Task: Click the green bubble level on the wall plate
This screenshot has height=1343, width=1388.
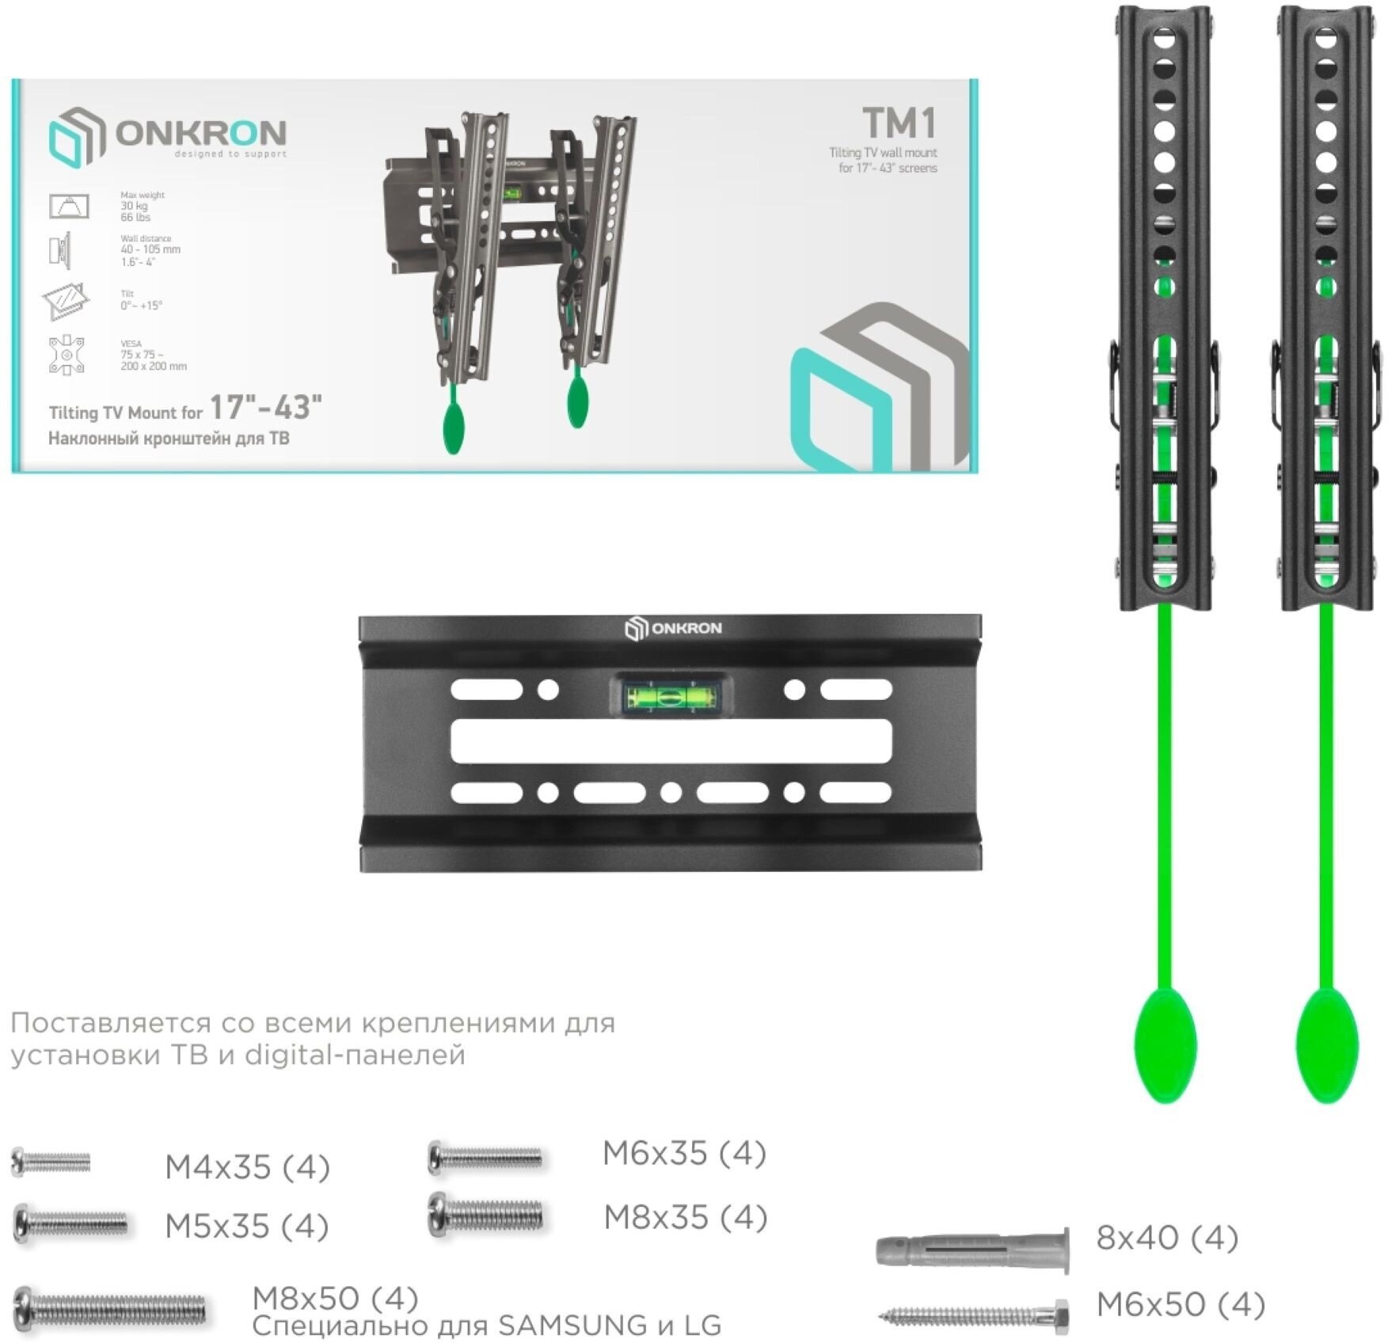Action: coord(671,697)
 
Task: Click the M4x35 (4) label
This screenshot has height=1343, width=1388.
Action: coord(247,1167)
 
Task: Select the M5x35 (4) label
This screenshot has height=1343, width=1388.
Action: coord(247,1227)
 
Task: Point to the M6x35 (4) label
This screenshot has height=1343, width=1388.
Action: coord(684,1154)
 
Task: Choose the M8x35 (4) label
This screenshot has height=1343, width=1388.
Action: coord(686,1218)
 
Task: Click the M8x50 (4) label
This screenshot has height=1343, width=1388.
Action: coord(335,1299)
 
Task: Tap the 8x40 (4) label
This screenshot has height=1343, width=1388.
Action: coord(1167,1238)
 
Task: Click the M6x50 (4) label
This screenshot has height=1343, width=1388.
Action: coord(1181,1304)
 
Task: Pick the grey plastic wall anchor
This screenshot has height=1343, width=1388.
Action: coord(973,1250)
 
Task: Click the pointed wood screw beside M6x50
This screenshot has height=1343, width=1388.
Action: coord(975,1317)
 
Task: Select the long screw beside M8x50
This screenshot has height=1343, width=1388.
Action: coord(111,1309)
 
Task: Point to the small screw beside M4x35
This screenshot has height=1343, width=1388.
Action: coord(51,1162)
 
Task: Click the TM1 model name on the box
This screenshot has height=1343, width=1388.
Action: coord(899,124)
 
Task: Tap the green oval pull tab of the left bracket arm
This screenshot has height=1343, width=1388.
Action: coord(1166,1044)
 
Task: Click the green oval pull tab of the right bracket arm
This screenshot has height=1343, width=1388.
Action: coord(1327,1044)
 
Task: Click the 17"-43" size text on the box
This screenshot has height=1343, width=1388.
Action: coord(265,408)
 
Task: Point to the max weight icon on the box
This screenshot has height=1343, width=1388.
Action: coord(69,206)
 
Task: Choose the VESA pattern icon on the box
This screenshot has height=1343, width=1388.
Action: coord(67,355)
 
